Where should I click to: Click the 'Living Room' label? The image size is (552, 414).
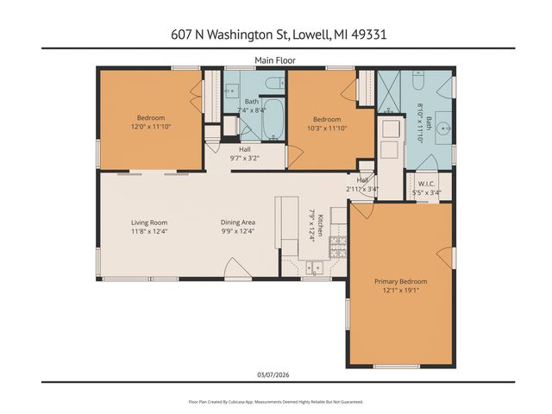[x=147, y=222]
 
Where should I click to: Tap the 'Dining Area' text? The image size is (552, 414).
[x=237, y=222]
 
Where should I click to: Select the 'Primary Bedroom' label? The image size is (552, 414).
[x=400, y=281]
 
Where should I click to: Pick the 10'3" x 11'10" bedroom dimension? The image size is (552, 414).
[x=326, y=128]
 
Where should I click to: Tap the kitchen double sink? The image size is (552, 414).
[x=314, y=267]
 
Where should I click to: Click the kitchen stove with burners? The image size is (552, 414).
[x=338, y=248]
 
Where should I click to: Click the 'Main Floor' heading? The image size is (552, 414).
[x=275, y=60]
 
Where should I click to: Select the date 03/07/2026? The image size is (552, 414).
[x=275, y=373]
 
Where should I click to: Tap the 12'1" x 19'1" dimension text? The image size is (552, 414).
[x=400, y=291]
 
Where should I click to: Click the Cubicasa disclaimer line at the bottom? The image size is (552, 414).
[x=275, y=402]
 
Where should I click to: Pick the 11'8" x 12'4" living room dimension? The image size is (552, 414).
[x=147, y=231]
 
